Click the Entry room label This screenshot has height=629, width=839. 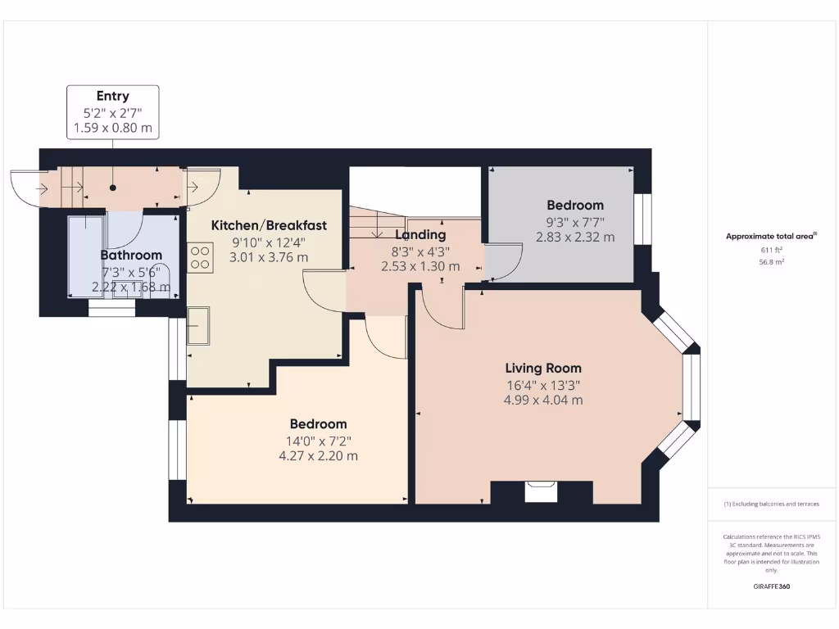point(112,97)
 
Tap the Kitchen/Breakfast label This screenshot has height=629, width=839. point(269,225)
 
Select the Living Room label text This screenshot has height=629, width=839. point(542,368)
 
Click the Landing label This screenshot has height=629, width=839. point(420,235)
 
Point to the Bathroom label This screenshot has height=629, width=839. point(131,256)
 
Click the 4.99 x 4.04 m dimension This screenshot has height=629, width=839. point(543,400)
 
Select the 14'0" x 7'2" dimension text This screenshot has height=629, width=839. point(318,440)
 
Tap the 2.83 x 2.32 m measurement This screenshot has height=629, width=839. point(575,238)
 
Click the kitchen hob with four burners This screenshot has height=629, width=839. point(200,258)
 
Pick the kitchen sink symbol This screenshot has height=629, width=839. point(198,325)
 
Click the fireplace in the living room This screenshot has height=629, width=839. point(541,491)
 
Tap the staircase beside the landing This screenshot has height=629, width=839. point(375,223)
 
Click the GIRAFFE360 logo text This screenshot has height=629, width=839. point(772,586)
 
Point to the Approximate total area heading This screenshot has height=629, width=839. point(772,237)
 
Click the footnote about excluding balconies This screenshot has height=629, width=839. point(771,504)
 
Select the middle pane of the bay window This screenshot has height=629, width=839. point(692,390)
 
